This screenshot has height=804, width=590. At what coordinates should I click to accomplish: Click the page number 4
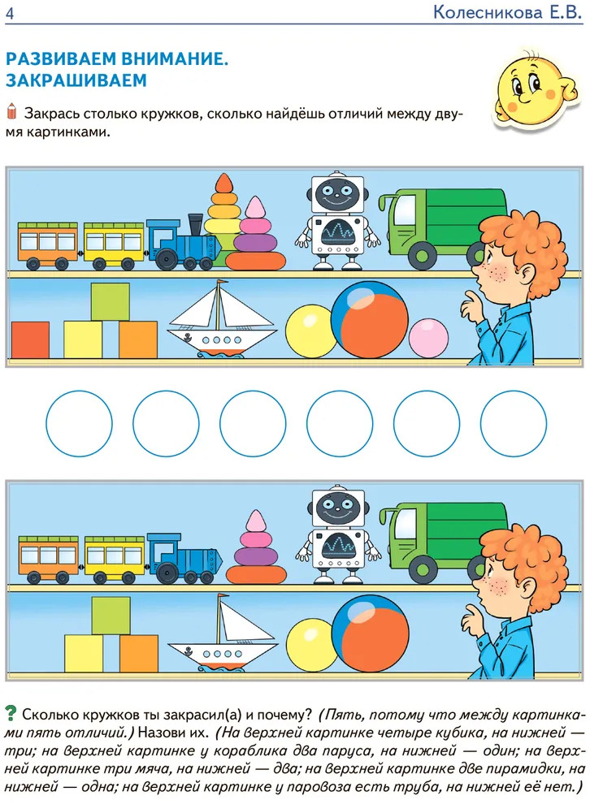9,12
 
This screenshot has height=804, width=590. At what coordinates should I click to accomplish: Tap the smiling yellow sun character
535,89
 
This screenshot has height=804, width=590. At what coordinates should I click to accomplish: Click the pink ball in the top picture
428,338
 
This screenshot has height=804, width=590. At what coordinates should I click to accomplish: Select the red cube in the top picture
30,339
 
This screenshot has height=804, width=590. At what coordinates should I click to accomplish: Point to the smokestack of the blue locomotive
195,225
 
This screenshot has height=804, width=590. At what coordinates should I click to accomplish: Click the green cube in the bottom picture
111,616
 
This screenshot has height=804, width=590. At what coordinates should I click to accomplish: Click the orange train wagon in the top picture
48,245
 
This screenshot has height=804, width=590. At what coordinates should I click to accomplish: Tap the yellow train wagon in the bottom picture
115,559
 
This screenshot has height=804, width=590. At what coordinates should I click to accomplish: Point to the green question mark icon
11,713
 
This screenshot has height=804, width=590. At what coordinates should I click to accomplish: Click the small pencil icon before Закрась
12,110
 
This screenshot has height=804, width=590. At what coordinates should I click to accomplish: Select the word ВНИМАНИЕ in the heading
174,59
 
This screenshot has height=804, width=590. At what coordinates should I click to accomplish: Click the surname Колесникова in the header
488,12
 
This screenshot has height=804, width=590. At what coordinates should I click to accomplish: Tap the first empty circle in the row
79,424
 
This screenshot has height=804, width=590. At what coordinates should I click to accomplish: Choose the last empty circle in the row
514,424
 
